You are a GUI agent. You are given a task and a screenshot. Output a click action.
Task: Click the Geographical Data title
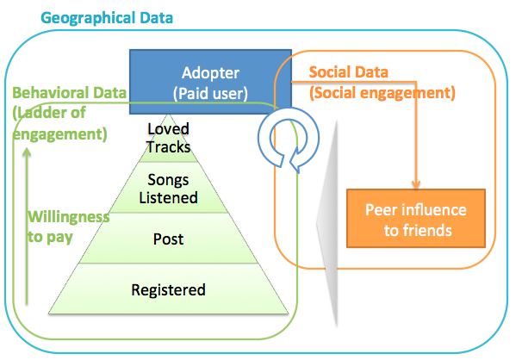pyautogui.click(x=107, y=18)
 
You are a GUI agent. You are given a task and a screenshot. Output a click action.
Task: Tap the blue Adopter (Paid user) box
pyautogui.click(x=210, y=82)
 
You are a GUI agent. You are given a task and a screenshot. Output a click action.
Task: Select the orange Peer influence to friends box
pyautogui.click(x=416, y=218)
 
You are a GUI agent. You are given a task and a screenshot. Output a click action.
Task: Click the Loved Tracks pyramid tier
pyautogui.click(x=169, y=139)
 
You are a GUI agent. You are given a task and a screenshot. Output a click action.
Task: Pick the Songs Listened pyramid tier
pyautogui.click(x=169, y=188)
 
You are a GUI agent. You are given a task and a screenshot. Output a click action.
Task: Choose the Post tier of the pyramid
pyautogui.click(x=169, y=239)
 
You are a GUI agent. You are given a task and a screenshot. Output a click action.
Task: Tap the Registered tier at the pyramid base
pyautogui.click(x=169, y=289)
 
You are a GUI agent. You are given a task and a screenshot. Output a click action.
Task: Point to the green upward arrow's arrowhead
pyautogui.click(x=27, y=152)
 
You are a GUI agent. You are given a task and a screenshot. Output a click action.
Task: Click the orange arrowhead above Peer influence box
pyautogui.click(x=416, y=184)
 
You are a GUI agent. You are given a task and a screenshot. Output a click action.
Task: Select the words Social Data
pyautogui.click(x=349, y=71)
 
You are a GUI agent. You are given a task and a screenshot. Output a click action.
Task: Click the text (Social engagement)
pyautogui.click(x=382, y=93)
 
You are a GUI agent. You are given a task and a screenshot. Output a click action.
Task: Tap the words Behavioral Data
pyautogui.click(x=69, y=93)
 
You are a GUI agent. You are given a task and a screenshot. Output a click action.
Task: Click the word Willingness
pyautogui.click(x=69, y=217)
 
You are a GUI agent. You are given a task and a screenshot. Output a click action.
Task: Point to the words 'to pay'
pyautogui.click(x=50, y=237)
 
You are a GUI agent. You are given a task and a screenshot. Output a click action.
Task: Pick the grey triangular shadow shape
pyautogui.click(x=327, y=222)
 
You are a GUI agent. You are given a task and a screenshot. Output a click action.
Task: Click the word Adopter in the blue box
pyautogui.click(x=210, y=73)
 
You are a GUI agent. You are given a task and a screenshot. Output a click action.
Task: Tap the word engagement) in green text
pyautogui.click(x=60, y=134)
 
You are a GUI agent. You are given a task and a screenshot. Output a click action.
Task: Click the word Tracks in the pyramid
pyautogui.click(x=169, y=146)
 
